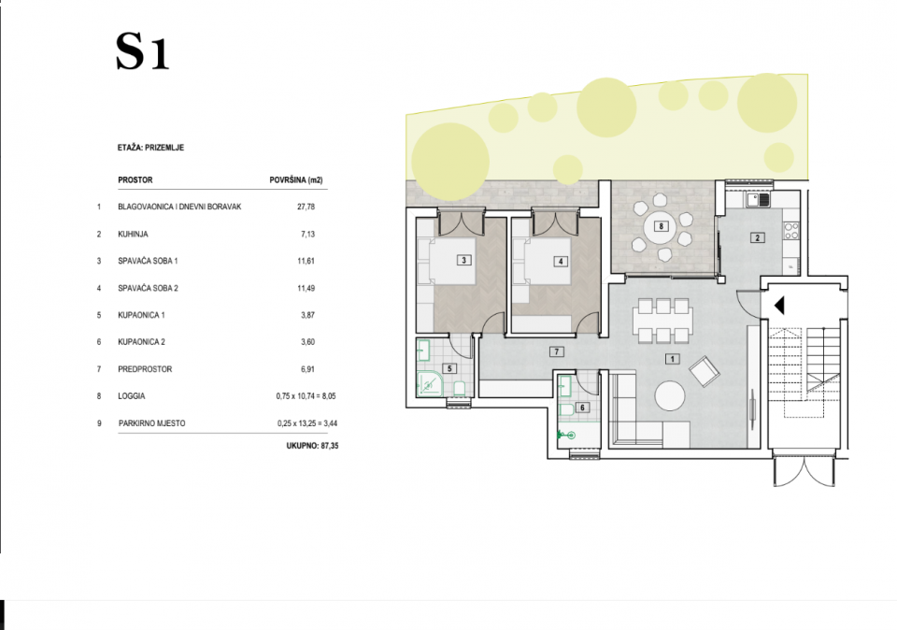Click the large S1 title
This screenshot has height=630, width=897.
[x=142, y=51]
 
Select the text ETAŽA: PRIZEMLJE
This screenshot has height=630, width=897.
[x=150, y=148]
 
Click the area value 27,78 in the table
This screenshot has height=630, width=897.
[x=306, y=207]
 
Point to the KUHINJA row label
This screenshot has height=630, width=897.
[x=133, y=234]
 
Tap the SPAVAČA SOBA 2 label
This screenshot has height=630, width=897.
[x=148, y=289]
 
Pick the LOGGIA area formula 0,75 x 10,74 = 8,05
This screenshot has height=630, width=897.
[x=306, y=396]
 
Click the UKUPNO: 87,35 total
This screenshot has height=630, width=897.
[x=312, y=446]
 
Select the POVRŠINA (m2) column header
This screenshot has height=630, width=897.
[x=296, y=180]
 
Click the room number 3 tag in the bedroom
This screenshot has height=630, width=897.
[x=464, y=260]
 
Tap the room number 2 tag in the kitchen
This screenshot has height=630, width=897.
[x=758, y=238]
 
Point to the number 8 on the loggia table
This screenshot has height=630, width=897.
[x=662, y=226]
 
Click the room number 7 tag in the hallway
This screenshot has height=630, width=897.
[x=556, y=351]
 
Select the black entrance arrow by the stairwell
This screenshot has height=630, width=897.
[x=779, y=306]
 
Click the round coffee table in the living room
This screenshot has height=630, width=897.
[x=670, y=395]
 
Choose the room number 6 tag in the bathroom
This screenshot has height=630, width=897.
[x=582, y=408]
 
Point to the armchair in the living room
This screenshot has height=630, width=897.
[x=705, y=371]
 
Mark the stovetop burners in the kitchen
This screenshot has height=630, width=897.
[x=791, y=231]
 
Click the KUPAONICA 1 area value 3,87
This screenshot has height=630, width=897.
[x=307, y=315]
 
